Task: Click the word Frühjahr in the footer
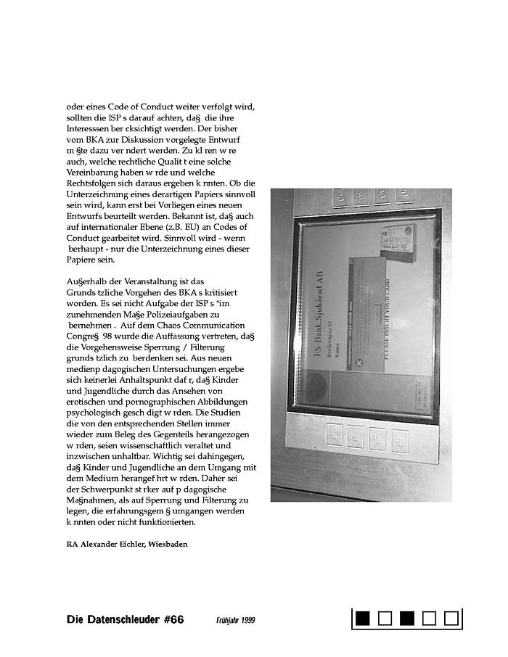228,620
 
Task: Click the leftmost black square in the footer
364,619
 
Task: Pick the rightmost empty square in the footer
451,619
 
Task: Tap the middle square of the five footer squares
407,619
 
